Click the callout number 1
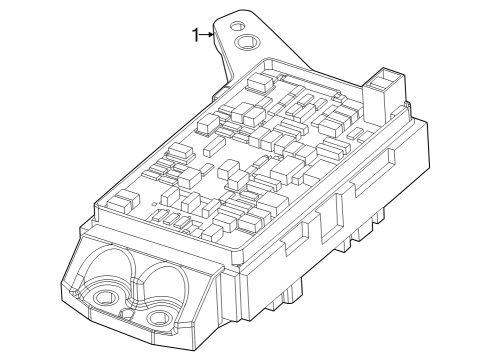pos(196,36)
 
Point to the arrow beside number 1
pos(209,36)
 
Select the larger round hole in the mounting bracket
pos(246,42)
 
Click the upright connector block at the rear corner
pos(384,90)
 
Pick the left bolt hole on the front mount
pos(102,297)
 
